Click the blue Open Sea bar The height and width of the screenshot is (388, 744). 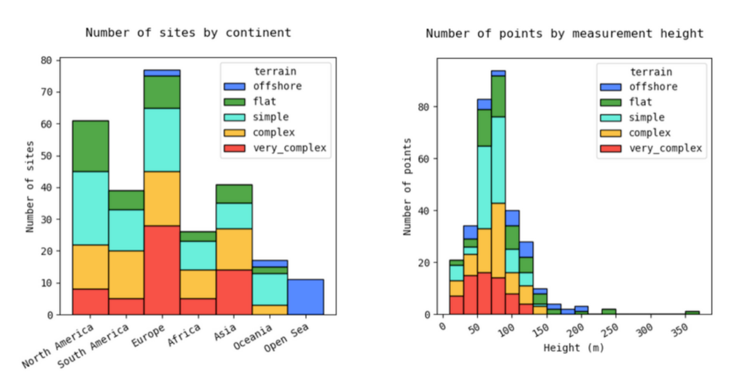click(x=306, y=297)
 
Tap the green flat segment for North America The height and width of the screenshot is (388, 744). click(x=91, y=146)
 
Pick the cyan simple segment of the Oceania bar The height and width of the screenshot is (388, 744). click(x=270, y=289)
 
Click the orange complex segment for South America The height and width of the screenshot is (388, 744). click(x=126, y=274)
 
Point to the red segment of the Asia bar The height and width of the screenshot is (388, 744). click(x=234, y=292)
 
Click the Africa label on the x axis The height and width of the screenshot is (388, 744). click(x=185, y=335)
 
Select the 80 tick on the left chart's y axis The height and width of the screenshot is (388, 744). click(x=46, y=60)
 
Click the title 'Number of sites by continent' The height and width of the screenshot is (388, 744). click(x=188, y=33)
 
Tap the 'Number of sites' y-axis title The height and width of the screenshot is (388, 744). click(x=30, y=187)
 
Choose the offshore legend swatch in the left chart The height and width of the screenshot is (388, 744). click(x=234, y=87)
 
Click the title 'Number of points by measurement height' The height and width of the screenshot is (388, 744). click(x=565, y=33)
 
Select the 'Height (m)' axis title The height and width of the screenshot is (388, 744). click(x=574, y=348)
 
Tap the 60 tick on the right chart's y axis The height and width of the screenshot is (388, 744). click(x=424, y=159)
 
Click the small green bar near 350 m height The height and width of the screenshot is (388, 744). click(x=692, y=313)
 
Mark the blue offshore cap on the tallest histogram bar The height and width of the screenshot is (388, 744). click(x=498, y=73)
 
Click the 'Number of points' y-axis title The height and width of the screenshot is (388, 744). click(x=407, y=187)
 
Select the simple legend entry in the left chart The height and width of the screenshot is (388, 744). click(x=271, y=117)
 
